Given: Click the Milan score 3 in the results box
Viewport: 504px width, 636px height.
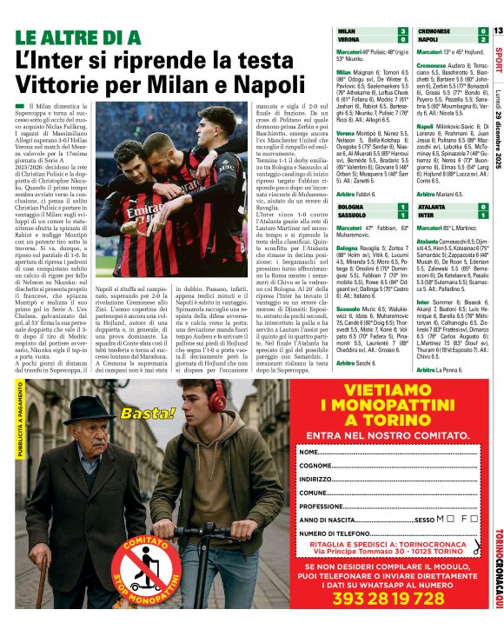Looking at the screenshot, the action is click(x=402, y=31).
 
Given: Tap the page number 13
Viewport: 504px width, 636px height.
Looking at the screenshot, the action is click(x=498, y=31).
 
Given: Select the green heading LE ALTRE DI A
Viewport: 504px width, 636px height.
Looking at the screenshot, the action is click(x=77, y=37).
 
